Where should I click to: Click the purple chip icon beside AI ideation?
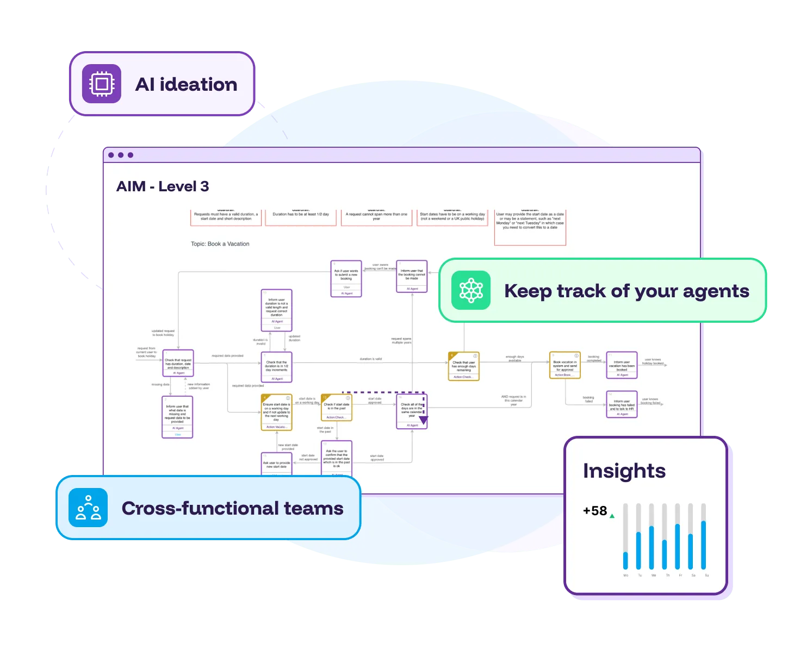point(102,84)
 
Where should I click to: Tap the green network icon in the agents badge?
point(471,291)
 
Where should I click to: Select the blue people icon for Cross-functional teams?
point(88,508)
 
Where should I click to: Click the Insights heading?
point(624,471)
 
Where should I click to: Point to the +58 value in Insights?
point(595,511)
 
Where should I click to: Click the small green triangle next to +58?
point(612,516)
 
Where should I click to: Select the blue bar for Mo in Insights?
point(625,560)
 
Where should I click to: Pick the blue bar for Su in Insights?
point(704,545)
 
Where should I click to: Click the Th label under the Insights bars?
point(667,575)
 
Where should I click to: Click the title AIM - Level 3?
point(163,186)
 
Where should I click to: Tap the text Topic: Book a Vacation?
point(220,244)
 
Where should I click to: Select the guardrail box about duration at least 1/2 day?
point(301,217)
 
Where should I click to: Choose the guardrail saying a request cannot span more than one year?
point(376,217)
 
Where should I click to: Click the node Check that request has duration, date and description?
point(178,363)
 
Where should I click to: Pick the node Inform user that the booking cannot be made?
point(412,276)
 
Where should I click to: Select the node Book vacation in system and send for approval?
point(565,365)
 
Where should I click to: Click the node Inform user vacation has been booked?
point(622,365)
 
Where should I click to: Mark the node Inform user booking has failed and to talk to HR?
point(622,404)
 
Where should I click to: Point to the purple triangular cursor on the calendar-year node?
point(423,420)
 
